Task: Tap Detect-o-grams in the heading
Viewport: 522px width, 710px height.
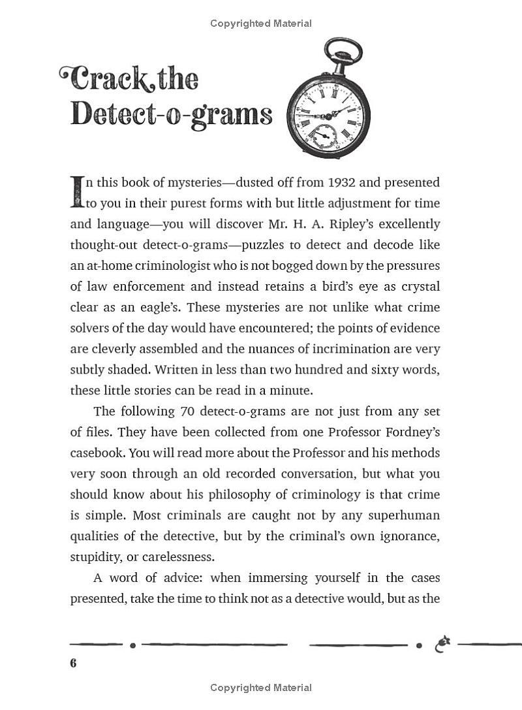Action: coord(171,114)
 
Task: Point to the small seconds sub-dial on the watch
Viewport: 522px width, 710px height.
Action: coord(322,135)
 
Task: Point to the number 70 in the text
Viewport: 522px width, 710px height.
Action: coord(186,411)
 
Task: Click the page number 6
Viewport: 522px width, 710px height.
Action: coord(73,663)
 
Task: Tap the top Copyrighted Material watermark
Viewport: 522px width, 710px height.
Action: coord(261,24)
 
